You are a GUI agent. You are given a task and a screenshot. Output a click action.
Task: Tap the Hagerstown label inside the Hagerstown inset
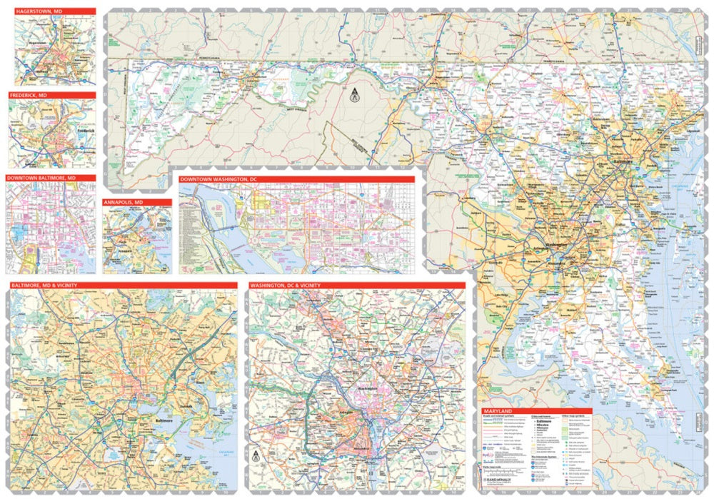pyautogui.click(x=37, y=42)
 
